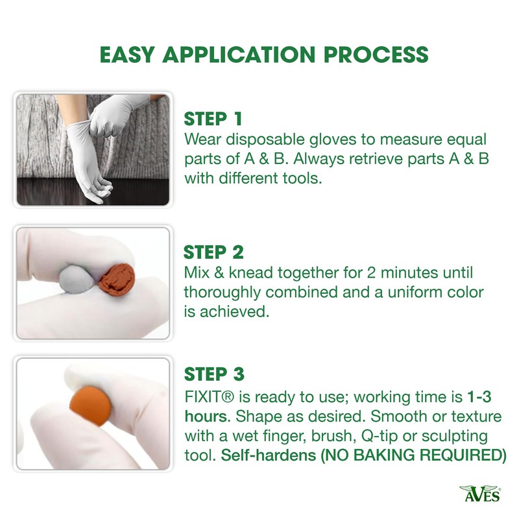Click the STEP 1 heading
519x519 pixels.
tap(213, 119)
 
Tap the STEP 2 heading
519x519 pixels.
tap(213, 252)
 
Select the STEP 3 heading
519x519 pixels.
tap(214, 374)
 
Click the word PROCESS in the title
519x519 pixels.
tap(376, 54)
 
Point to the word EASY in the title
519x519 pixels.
tap(127, 54)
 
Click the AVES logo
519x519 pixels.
tap(480, 494)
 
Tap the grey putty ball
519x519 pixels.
tap(77, 279)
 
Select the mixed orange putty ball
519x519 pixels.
tap(90, 406)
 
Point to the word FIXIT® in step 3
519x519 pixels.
tap(209, 396)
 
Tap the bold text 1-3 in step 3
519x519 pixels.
tap(479, 396)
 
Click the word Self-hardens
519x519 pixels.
tap(269, 455)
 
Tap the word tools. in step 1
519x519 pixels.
tap(302, 178)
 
